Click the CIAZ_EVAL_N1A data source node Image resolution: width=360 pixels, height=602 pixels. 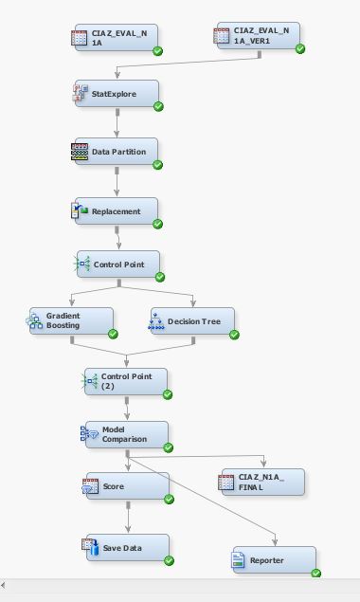tap(116, 39)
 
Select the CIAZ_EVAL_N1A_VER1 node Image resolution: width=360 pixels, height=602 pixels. tap(258, 37)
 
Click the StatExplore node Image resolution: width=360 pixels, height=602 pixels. tap(116, 94)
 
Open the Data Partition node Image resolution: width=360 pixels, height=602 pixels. tap(116, 152)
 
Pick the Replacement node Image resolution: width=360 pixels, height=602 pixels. tap(116, 211)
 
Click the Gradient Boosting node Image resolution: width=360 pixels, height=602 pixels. tap(69, 321)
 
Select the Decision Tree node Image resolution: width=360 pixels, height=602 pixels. tap(191, 321)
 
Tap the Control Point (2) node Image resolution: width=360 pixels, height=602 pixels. tap(125, 381)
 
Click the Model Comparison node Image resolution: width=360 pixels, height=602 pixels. tap(125, 434)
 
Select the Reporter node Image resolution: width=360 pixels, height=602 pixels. tap(273, 560)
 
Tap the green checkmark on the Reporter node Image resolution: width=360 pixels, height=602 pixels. tap(316, 573)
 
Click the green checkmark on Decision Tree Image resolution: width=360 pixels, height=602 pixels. tap(234, 334)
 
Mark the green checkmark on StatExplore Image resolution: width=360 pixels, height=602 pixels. tap(158, 106)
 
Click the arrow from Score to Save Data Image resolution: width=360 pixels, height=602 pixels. tap(128, 518)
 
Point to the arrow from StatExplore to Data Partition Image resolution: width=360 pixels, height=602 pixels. tap(117, 122)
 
